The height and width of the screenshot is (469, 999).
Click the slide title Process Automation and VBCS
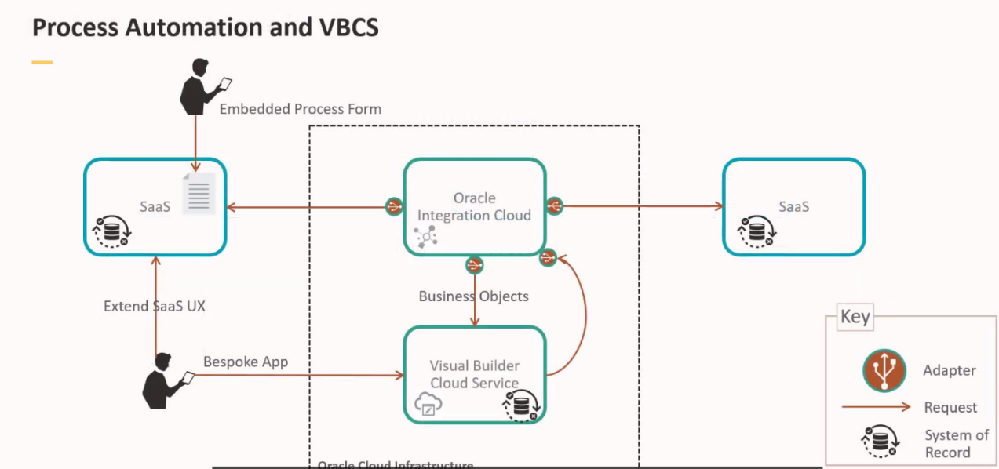click(x=205, y=27)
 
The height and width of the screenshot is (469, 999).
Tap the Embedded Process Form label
click(x=300, y=109)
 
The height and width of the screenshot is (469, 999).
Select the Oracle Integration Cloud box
click(x=474, y=206)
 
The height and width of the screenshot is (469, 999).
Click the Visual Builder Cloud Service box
click(x=474, y=374)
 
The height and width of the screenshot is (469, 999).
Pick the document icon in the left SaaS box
click(x=199, y=193)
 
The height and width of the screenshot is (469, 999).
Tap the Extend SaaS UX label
click(x=154, y=306)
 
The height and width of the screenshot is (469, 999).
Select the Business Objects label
click(x=473, y=296)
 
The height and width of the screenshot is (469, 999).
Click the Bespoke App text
click(x=246, y=362)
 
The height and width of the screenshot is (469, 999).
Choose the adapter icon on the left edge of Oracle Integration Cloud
click(x=394, y=206)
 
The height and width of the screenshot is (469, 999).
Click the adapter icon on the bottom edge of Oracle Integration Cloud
click(x=474, y=265)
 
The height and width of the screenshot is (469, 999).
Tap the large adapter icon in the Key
click(x=884, y=370)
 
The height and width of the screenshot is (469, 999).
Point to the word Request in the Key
click(x=950, y=407)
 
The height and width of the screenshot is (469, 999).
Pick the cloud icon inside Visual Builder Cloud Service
click(x=428, y=404)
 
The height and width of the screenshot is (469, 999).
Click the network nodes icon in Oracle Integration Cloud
click(x=426, y=236)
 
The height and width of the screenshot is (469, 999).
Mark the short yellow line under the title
click(x=42, y=62)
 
